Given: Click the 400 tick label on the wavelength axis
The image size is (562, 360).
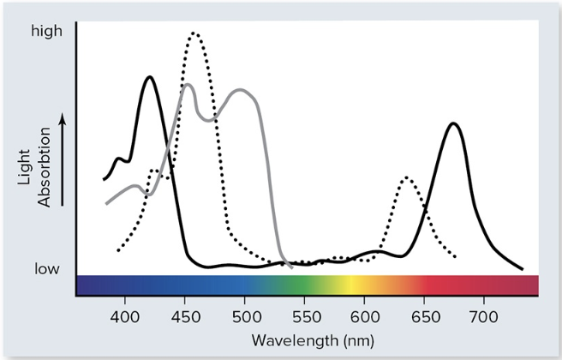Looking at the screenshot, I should click(125, 314).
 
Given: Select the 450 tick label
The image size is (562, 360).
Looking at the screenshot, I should click(185, 314).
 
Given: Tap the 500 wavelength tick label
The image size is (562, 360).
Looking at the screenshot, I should click(245, 314).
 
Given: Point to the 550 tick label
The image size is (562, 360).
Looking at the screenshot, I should click(304, 314).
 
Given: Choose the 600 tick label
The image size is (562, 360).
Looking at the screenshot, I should click(364, 314).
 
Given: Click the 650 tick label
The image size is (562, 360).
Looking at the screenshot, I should click(424, 314).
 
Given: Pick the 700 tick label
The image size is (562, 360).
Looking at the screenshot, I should click(484, 314).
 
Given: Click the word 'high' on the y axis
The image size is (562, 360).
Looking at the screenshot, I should click(47, 32).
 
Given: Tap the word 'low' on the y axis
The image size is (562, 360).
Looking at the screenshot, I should click(47, 269).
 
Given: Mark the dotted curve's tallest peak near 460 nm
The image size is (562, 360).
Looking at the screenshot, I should click(194, 34).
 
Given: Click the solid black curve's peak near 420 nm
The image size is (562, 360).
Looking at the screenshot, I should click(150, 77).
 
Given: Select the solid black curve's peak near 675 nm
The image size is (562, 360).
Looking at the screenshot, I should click(453, 123).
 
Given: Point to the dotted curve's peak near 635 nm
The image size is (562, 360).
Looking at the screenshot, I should click(406, 178).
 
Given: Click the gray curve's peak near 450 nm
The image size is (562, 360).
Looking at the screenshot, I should click(187, 85).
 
